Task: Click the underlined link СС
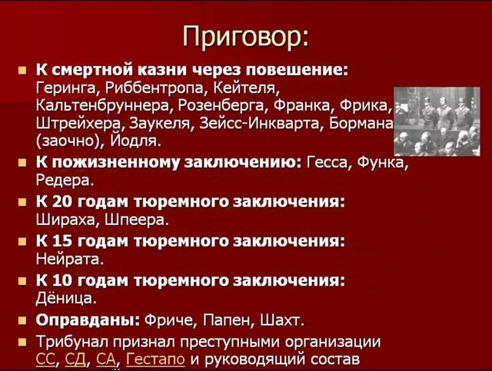tap(45, 359)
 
